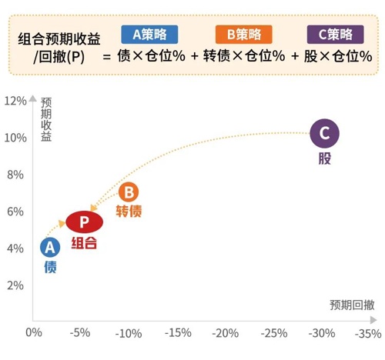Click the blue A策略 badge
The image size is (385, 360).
[x=149, y=35]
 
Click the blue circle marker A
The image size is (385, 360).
[x=50, y=248]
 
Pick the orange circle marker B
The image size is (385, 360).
[x=129, y=192]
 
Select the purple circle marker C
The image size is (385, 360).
[x=324, y=134]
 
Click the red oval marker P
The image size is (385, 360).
[x=85, y=223]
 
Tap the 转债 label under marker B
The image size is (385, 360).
[x=129, y=212]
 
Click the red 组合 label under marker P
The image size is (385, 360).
[x=85, y=243]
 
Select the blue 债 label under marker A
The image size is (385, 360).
[x=50, y=267]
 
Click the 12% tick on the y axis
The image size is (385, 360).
[x=15, y=101]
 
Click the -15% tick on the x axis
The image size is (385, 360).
[x=177, y=333]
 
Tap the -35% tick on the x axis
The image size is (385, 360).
[x=368, y=333]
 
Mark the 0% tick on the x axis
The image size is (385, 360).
[x=33, y=333]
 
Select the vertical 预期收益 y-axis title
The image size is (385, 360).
[x=46, y=119]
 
